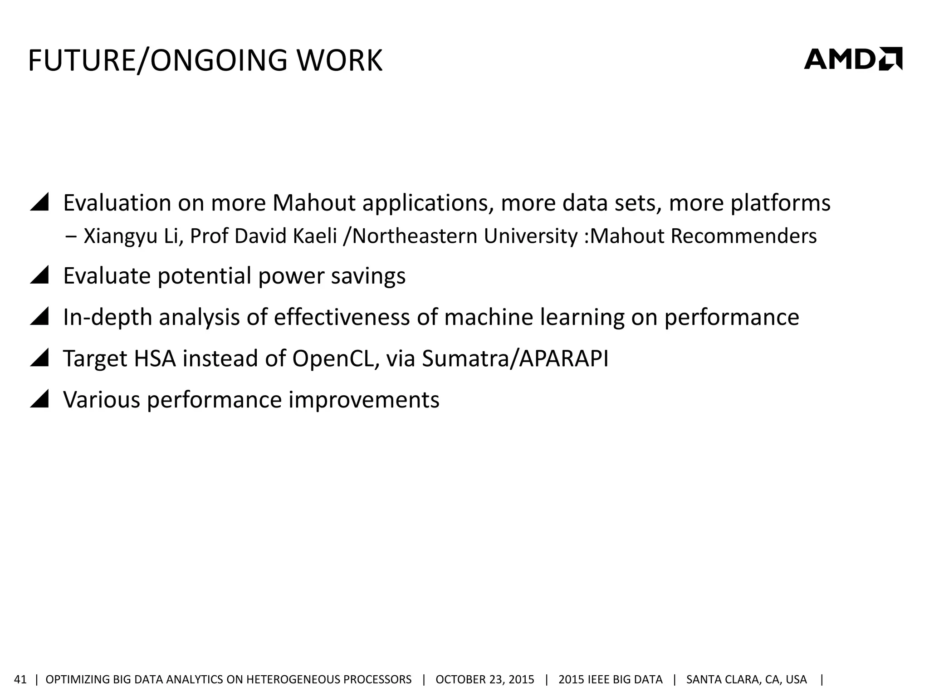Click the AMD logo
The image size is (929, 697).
point(853,59)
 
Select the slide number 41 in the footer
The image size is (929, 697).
point(21,679)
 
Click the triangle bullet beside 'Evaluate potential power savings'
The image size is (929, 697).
point(39,275)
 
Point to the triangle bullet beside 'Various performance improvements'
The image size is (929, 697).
point(39,399)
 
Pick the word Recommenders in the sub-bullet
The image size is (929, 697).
point(743,236)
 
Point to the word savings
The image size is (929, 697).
point(368,276)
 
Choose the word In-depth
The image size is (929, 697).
point(108,317)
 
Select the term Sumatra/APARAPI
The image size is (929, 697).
point(515,358)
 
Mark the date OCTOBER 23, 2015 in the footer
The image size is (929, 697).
point(484,679)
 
